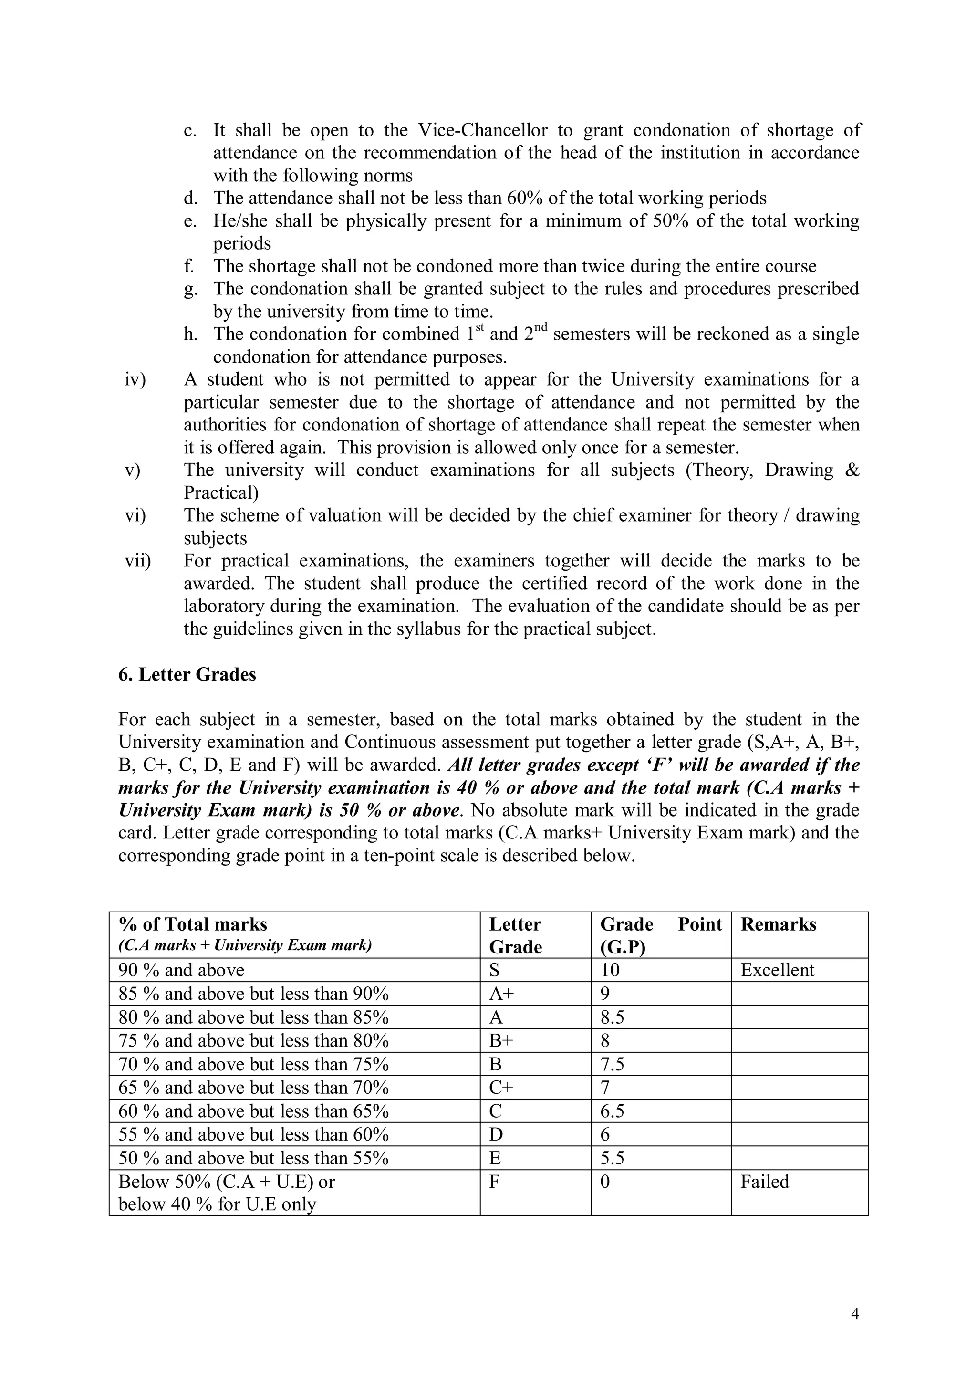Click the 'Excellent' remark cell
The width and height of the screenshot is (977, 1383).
(x=777, y=970)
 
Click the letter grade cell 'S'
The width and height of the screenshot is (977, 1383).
(x=495, y=970)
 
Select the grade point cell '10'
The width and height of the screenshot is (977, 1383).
(x=609, y=970)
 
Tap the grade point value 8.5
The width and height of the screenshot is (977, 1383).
(x=612, y=1017)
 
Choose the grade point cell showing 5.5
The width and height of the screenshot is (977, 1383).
(x=612, y=1158)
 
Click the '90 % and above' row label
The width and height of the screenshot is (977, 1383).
(x=181, y=970)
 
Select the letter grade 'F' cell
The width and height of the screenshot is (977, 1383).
(x=494, y=1181)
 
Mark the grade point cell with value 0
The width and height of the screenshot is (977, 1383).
(x=605, y=1181)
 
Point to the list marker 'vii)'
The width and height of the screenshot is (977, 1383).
(x=138, y=561)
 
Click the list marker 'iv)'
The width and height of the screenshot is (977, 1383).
(x=135, y=379)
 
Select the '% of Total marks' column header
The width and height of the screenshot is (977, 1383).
(x=193, y=924)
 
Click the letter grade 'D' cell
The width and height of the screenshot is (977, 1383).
(x=496, y=1134)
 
